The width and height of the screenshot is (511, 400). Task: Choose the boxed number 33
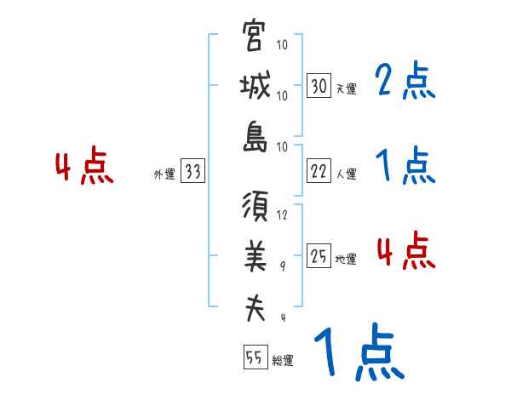click(x=192, y=172)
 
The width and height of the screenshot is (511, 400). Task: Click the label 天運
click(x=346, y=88)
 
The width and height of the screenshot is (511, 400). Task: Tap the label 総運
click(x=283, y=360)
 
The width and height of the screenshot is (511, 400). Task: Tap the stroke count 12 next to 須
click(x=284, y=215)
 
